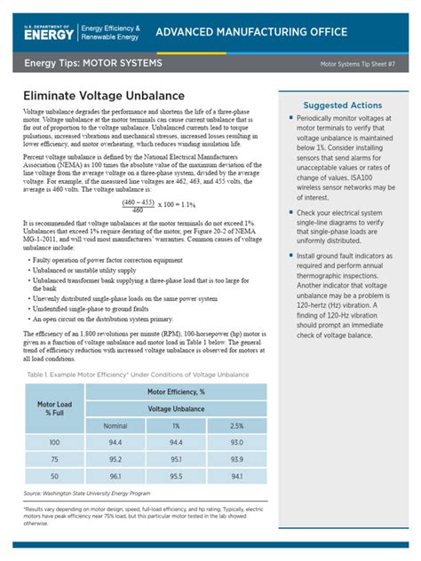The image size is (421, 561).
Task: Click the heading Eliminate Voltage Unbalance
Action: click(x=104, y=95)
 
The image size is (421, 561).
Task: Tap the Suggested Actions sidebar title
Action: click(x=342, y=105)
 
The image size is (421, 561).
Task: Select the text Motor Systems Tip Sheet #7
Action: click(x=361, y=65)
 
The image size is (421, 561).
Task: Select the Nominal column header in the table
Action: click(x=115, y=426)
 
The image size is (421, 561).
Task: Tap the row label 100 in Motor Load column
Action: click(x=55, y=441)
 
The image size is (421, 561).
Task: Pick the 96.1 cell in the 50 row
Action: click(x=115, y=478)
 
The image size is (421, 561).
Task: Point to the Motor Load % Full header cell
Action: click(x=55, y=408)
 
